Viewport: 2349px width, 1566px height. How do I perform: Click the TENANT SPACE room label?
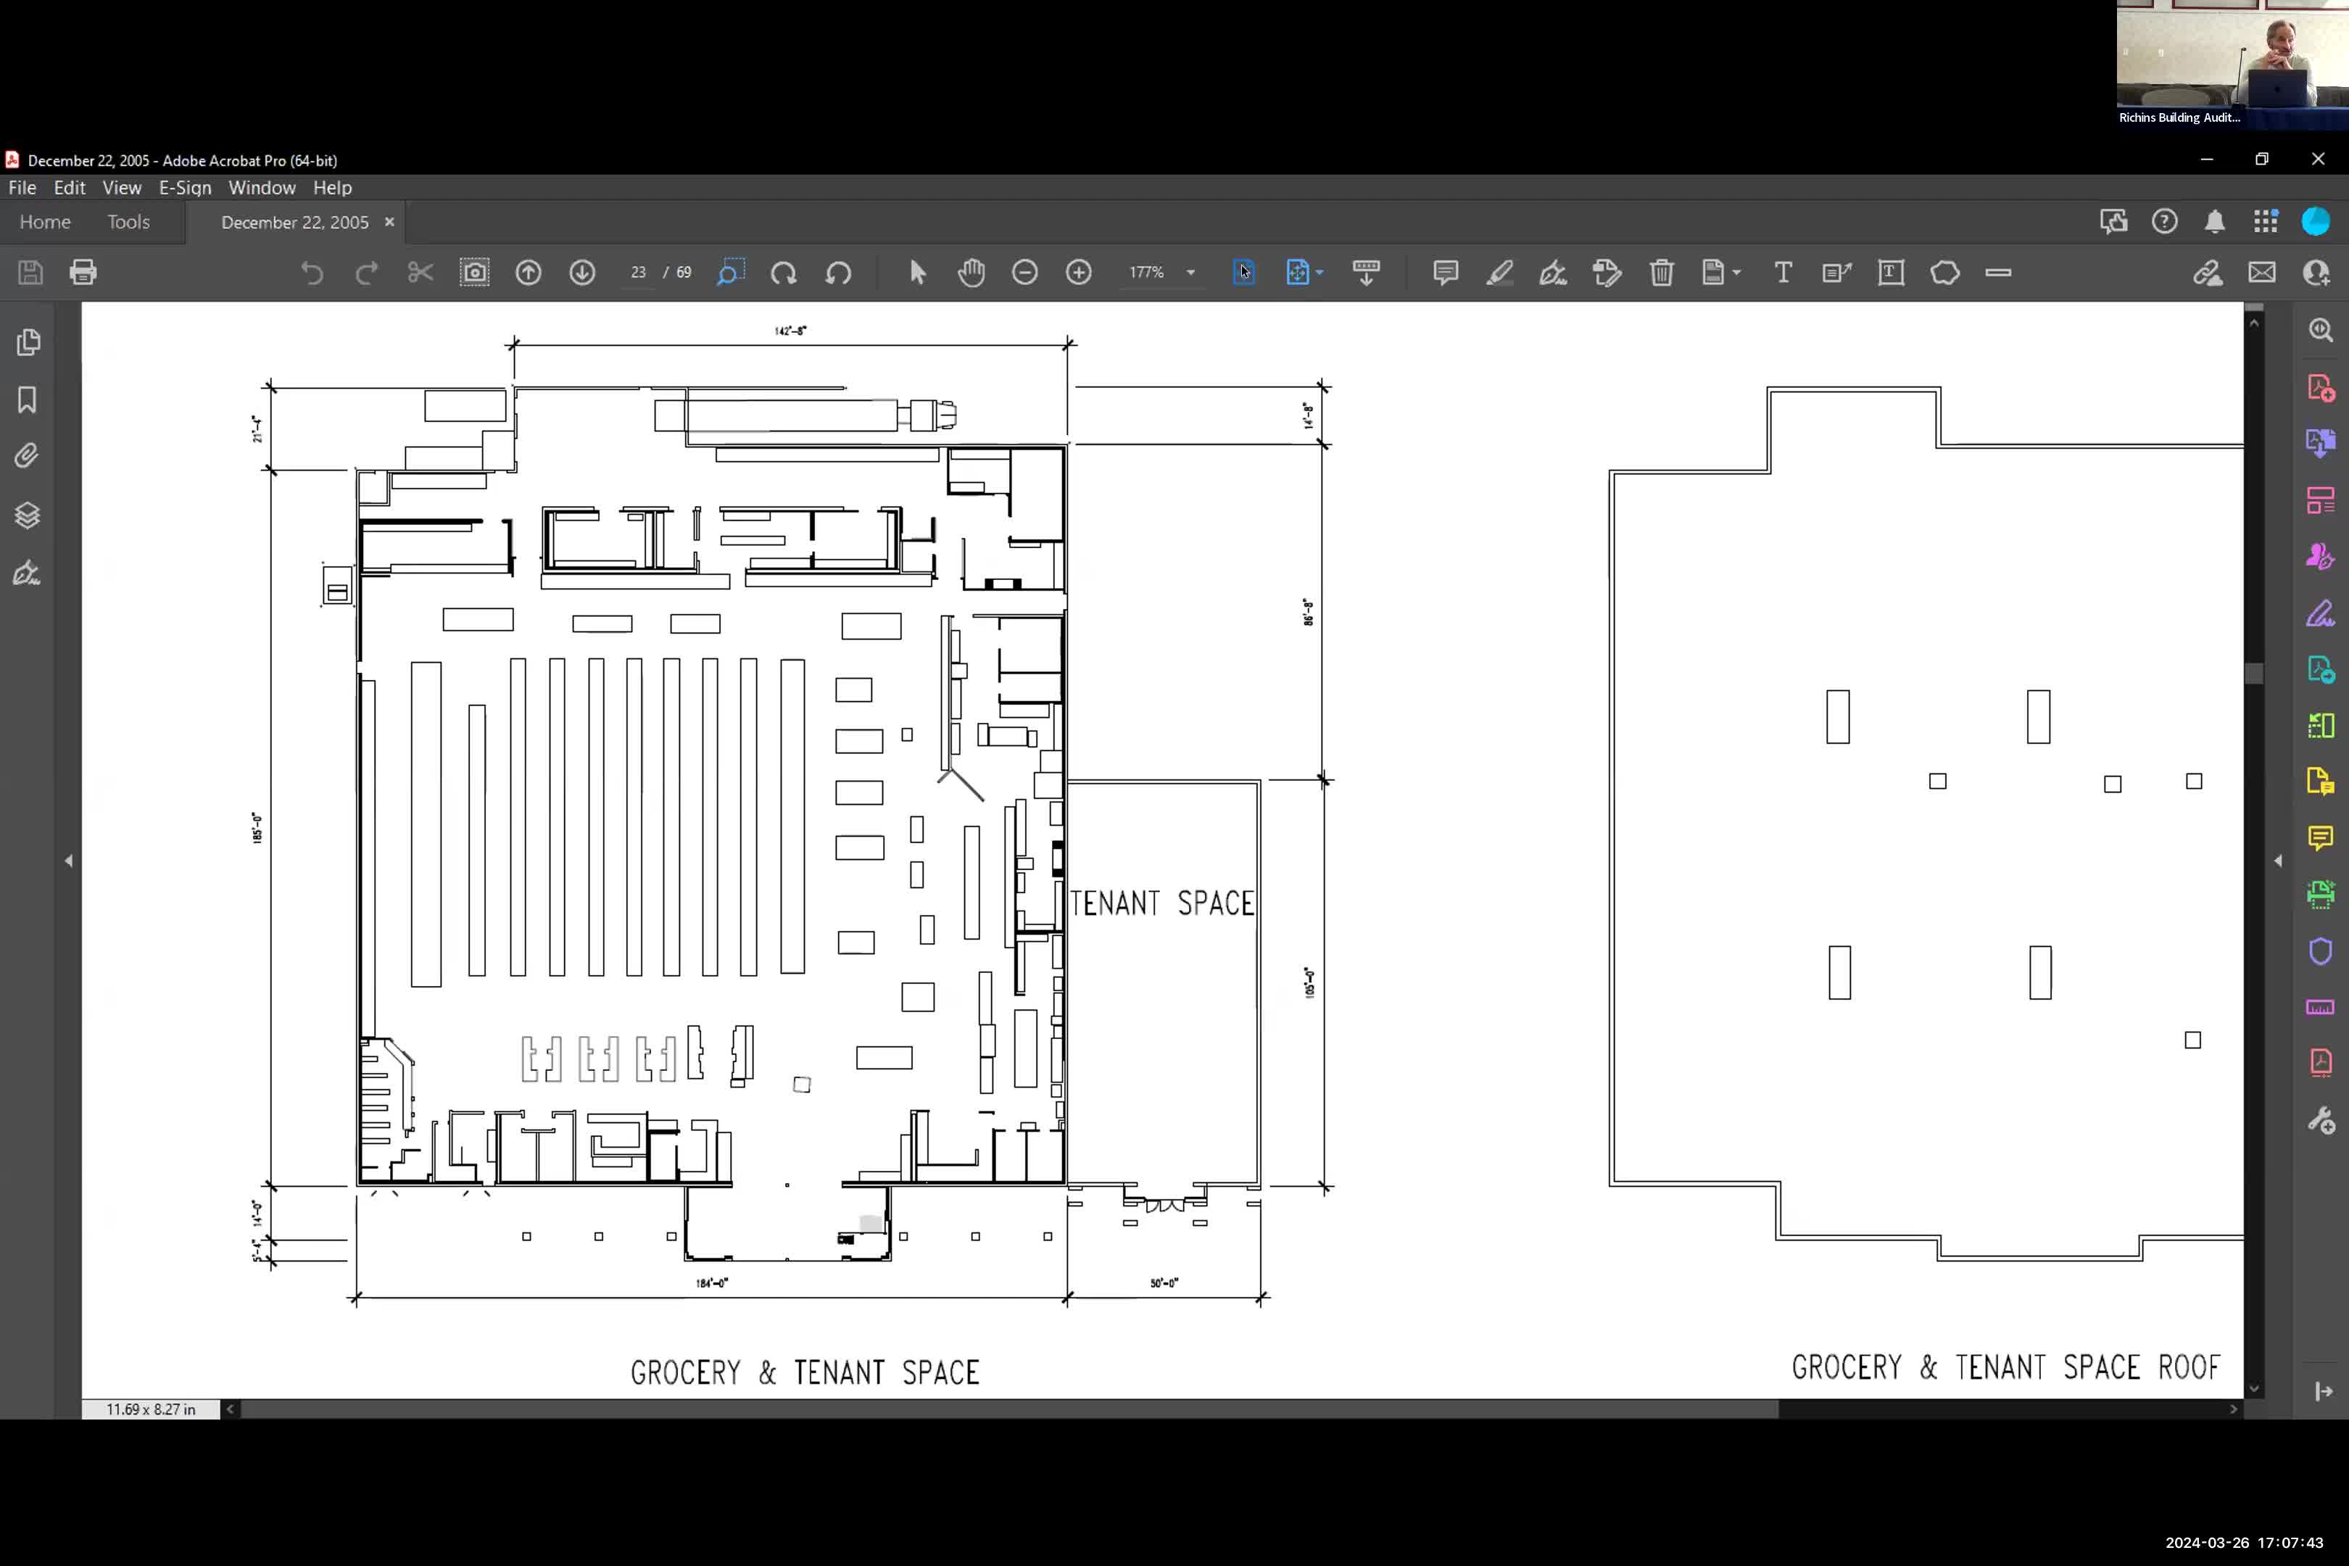(x=1161, y=903)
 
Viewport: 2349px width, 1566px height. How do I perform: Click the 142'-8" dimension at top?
(x=790, y=331)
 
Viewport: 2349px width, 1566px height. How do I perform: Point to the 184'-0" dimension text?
(x=712, y=1283)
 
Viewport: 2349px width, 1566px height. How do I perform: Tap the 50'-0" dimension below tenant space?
(x=1164, y=1283)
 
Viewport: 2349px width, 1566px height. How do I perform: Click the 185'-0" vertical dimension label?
(x=257, y=828)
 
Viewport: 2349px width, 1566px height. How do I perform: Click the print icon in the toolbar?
(x=83, y=273)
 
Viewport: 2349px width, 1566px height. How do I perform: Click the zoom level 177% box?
(x=1148, y=273)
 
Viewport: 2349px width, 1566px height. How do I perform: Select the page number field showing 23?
(x=638, y=273)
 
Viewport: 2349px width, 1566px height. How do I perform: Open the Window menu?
(x=262, y=188)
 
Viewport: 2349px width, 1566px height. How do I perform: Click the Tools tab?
(x=129, y=222)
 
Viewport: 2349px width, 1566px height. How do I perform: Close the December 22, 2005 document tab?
(x=389, y=222)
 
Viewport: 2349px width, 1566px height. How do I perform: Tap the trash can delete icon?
(x=1661, y=273)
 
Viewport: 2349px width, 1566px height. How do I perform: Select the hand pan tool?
(x=971, y=273)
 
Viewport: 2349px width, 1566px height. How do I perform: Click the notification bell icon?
(x=2214, y=222)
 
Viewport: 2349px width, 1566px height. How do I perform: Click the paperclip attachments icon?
(x=27, y=457)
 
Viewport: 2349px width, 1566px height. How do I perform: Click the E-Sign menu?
(x=185, y=188)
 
